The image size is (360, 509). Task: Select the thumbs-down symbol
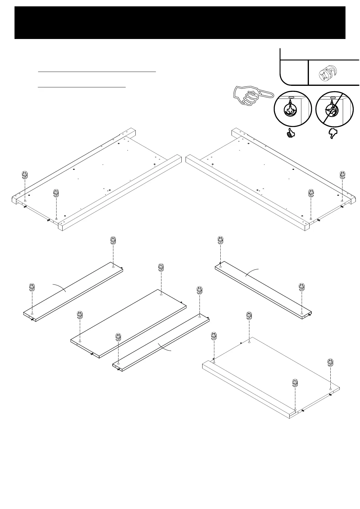(333, 133)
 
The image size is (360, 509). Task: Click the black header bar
(180, 23)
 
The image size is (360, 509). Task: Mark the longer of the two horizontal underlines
(97, 72)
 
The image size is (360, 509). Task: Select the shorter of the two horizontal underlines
(82, 87)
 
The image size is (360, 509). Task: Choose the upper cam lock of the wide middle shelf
(161, 267)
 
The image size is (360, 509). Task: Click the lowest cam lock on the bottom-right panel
(295, 383)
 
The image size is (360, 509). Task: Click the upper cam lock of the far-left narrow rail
(113, 241)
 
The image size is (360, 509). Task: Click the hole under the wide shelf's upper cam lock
(161, 294)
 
